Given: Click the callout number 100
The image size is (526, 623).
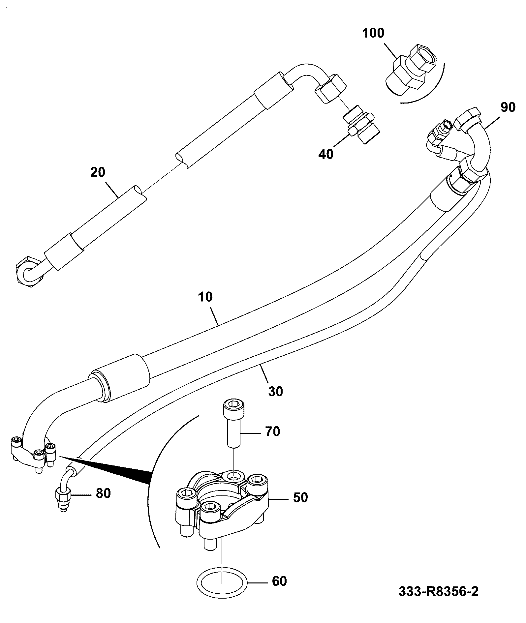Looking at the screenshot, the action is click(373, 33).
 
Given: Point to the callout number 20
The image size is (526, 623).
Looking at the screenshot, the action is click(98, 172).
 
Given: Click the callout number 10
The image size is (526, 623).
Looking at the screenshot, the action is click(205, 297).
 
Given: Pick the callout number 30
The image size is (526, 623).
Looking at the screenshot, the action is click(275, 392).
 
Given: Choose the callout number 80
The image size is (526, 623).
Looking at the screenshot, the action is click(103, 493).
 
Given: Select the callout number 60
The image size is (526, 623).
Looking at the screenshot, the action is click(279, 581).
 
